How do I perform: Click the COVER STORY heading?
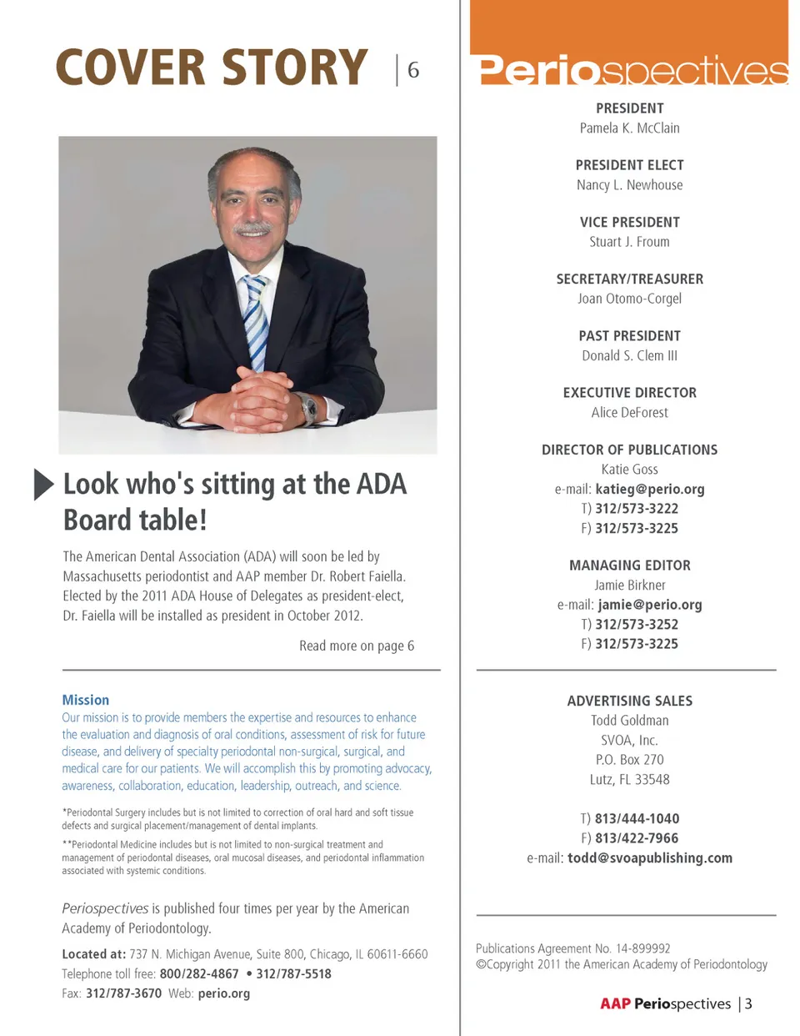click(212, 68)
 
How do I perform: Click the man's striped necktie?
click(255, 320)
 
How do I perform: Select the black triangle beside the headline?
click(43, 485)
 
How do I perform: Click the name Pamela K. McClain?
click(629, 128)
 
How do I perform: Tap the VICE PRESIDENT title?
click(629, 222)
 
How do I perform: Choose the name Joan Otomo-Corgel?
click(629, 299)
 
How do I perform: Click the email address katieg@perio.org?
click(649, 489)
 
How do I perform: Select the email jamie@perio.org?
click(649, 605)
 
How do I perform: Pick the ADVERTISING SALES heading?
click(629, 701)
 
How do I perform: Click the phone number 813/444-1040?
click(637, 818)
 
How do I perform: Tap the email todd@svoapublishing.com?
click(649, 857)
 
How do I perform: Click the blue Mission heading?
click(85, 700)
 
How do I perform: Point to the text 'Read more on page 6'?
click(357, 646)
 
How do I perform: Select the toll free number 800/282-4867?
click(198, 973)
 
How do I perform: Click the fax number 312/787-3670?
click(123, 993)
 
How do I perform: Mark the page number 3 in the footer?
click(748, 1003)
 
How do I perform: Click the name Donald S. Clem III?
click(629, 355)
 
